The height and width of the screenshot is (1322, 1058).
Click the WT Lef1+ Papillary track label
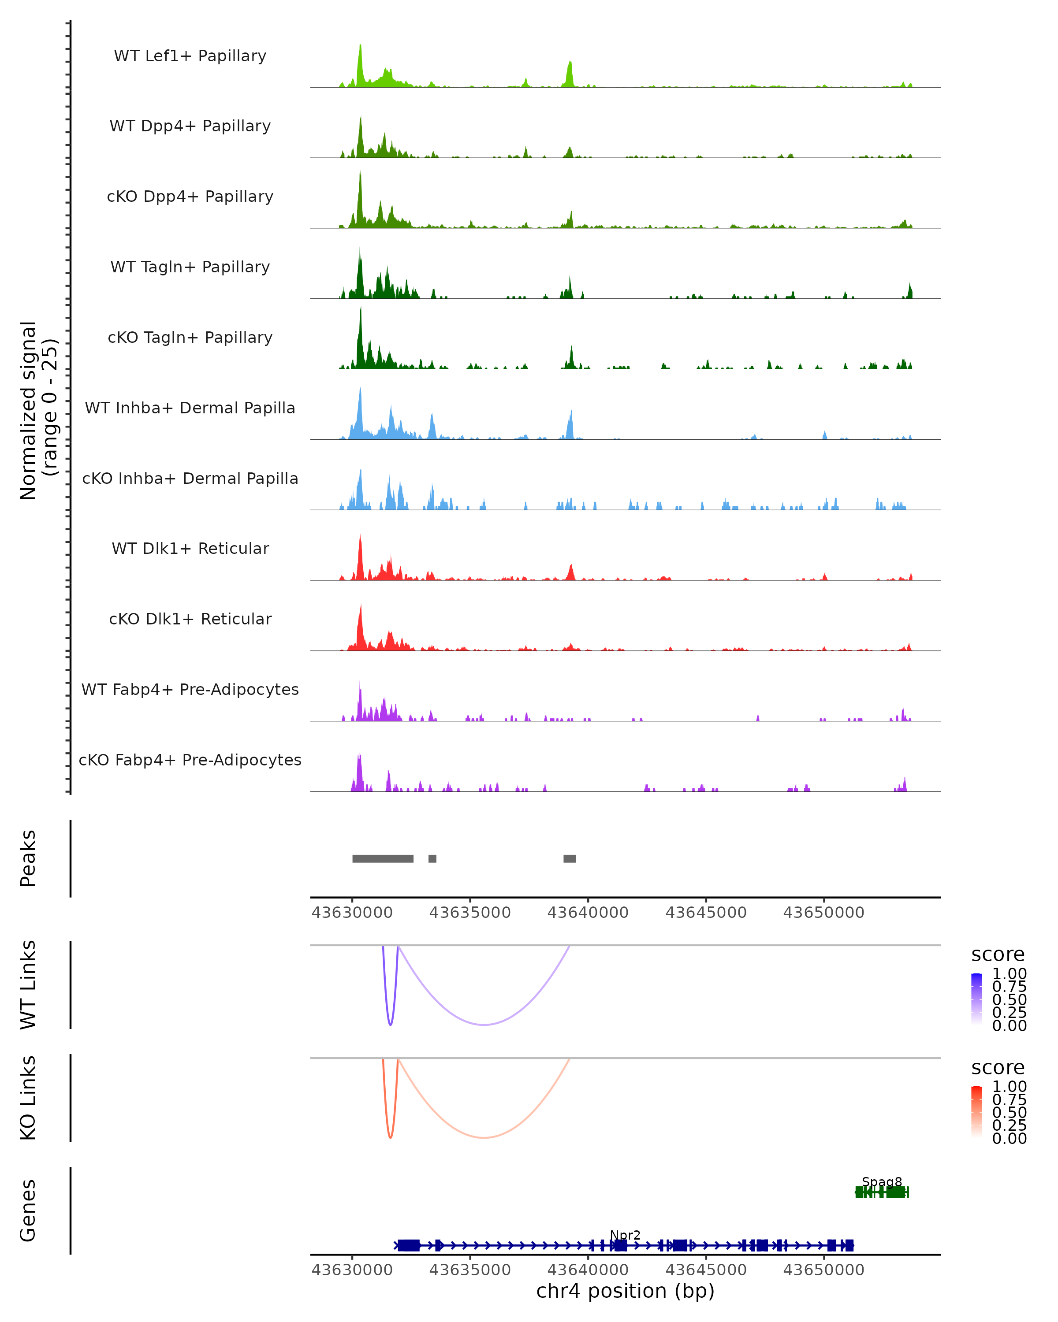[190, 56]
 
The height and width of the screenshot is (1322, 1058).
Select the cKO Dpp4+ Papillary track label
[190, 197]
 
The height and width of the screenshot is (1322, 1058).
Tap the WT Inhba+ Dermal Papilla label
[190, 408]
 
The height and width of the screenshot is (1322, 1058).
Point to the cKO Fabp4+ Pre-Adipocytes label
[190, 760]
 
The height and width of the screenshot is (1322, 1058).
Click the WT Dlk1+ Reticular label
[190, 549]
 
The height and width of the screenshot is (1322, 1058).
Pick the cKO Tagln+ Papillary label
[190, 338]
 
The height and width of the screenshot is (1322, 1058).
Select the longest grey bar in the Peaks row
[383, 858]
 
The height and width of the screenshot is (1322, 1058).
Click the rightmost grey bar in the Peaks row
[570, 858]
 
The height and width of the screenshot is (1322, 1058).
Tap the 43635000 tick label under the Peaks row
[470, 913]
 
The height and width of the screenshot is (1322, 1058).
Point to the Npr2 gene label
[625, 1235]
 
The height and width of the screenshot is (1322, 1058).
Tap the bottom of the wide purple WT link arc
[484, 1025]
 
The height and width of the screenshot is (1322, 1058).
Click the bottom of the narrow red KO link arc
[390, 1137]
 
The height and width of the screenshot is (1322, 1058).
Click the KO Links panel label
[28, 1098]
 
